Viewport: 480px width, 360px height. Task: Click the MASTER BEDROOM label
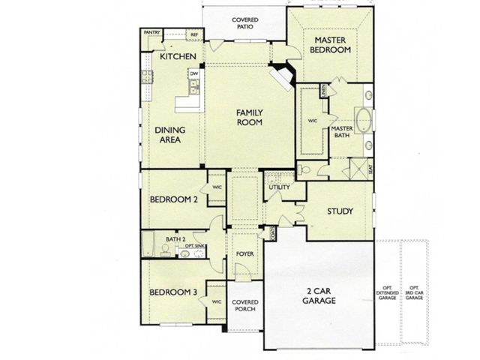333,45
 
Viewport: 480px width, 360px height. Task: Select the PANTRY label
152,33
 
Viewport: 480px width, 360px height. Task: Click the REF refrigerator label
193,34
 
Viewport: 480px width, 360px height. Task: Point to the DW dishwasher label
193,73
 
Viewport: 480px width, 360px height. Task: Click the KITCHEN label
178,57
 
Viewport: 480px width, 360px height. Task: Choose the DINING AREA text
170,134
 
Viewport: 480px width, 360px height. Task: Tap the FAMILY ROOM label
248,117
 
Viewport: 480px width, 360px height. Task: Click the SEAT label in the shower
370,170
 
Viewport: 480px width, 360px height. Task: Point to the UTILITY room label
279,187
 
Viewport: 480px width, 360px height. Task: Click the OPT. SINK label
194,246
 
